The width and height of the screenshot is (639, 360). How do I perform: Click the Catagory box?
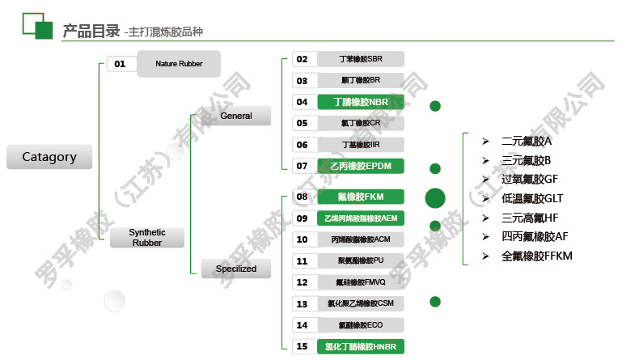49,157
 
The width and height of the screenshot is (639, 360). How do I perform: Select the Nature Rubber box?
179,63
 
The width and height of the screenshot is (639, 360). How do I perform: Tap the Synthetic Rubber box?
146,237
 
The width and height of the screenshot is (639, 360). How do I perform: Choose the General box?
235,116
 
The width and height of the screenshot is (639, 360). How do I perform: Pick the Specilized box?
235,268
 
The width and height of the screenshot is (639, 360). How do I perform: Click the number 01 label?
120,64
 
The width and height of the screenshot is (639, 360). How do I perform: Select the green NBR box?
360,102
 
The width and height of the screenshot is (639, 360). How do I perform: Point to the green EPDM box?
360,166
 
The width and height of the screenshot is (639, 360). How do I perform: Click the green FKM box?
360,197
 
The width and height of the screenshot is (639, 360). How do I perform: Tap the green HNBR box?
360,346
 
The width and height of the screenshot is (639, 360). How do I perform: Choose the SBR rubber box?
360,59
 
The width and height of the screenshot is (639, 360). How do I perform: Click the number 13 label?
302,303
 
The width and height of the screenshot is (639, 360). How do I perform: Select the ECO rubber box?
360,324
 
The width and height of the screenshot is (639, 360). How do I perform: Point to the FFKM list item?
536,256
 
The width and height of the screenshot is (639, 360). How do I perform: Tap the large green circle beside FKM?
435,197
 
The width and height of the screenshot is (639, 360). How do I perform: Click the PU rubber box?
360,260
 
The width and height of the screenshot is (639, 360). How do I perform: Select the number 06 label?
302,145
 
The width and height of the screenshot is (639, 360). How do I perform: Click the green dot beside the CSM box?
435,302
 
